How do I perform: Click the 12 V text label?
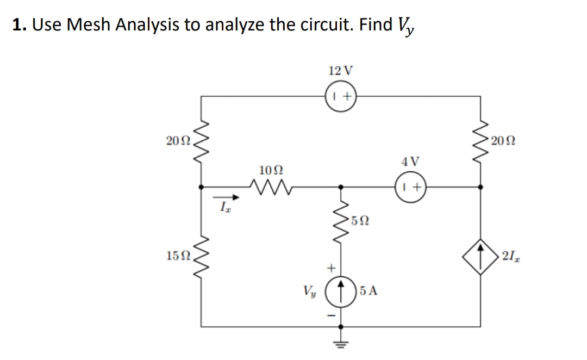[341, 71]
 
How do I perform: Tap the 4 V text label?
[410, 162]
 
